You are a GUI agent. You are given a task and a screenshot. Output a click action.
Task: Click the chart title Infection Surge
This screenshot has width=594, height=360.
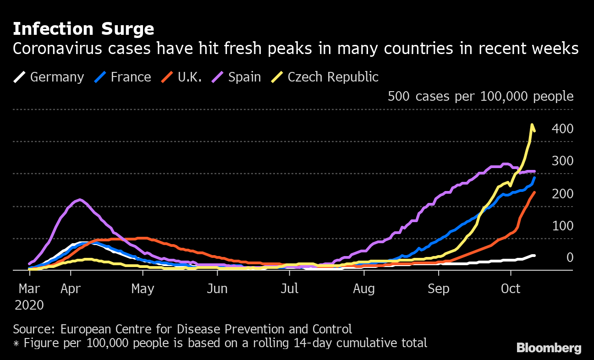(83, 29)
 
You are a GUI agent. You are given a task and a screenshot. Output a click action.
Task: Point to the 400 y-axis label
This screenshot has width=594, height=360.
(563, 129)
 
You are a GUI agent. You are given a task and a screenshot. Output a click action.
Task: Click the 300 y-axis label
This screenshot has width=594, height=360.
(563, 161)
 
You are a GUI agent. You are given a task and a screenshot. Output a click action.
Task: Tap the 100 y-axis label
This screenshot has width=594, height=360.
(563, 226)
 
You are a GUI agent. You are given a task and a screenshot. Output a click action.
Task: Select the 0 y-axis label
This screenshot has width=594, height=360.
(570, 257)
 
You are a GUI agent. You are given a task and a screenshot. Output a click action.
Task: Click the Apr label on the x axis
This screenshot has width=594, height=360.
(71, 289)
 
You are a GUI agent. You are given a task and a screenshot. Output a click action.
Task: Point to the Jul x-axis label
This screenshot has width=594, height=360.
(290, 289)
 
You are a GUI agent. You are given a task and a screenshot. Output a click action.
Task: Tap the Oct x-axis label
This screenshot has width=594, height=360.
(511, 289)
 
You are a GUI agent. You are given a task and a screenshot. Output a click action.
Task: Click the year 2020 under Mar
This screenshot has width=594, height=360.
(29, 305)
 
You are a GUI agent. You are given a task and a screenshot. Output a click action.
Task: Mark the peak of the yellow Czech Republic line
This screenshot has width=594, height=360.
(532, 125)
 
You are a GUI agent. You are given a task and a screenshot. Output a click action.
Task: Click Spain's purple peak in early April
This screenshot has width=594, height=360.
(80, 200)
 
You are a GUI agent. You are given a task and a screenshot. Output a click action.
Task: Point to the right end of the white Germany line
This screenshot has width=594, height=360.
(534, 256)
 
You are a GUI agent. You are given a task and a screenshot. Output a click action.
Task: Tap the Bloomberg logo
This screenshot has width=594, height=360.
(549, 348)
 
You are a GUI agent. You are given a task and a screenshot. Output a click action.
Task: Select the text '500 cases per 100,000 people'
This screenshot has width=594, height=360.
(480, 96)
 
